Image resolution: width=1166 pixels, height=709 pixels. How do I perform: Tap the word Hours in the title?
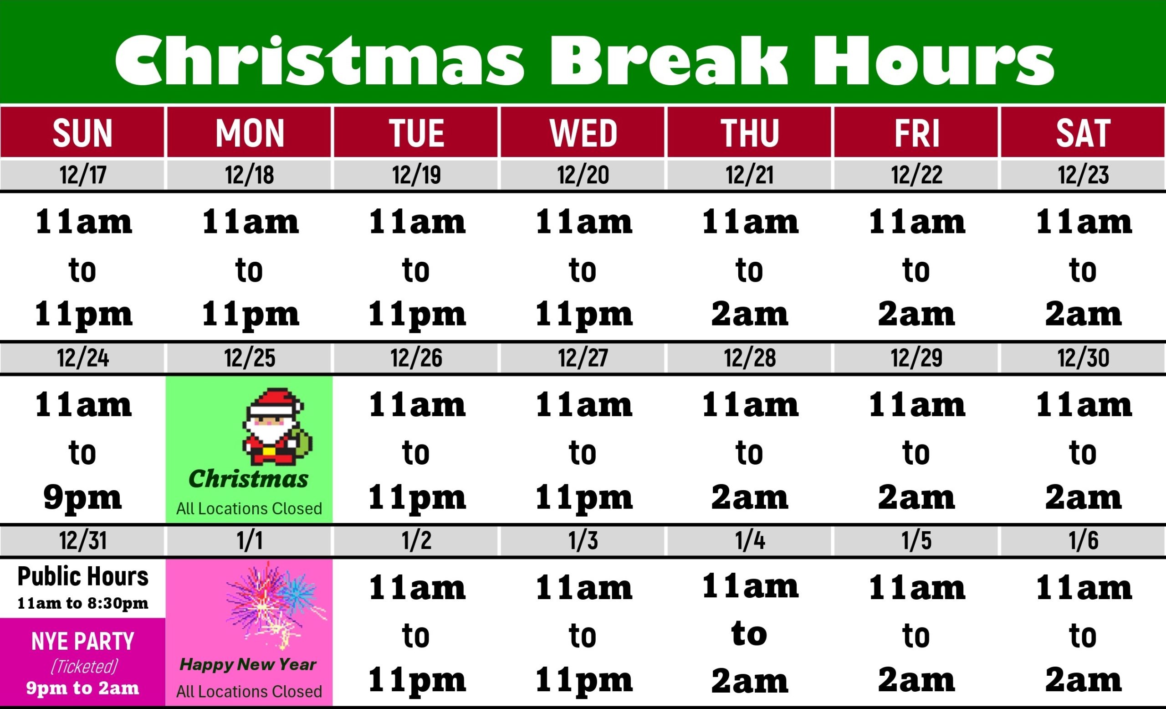(933, 60)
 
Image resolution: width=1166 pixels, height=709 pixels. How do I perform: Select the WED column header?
(583, 133)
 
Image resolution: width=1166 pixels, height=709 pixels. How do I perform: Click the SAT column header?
(1083, 133)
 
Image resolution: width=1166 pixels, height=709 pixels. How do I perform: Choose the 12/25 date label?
(250, 357)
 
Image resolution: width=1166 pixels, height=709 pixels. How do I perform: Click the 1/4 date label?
(750, 540)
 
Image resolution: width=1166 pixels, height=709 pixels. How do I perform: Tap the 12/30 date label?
(1083, 357)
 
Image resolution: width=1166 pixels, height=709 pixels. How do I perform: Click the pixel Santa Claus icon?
(277, 427)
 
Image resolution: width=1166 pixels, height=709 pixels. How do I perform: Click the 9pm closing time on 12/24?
(83, 498)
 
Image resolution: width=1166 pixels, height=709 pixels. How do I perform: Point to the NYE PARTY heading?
(83, 641)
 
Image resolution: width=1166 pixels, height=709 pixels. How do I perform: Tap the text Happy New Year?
(248, 664)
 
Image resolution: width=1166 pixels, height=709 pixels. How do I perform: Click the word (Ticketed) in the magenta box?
(84, 667)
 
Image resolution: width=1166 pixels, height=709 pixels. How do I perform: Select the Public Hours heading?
(83, 576)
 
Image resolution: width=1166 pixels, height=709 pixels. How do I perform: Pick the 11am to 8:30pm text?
(83, 603)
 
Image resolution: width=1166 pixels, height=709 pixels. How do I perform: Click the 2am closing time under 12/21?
(750, 314)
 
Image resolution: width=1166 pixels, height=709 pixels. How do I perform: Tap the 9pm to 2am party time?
(83, 688)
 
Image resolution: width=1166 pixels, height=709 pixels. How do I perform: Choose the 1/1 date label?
(250, 540)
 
